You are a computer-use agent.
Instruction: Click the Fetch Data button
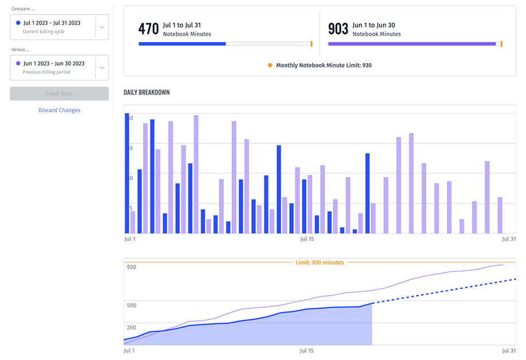point(59,94)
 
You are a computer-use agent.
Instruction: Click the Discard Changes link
point(59,110)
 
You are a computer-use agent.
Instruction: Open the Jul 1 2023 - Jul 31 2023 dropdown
point(102,27)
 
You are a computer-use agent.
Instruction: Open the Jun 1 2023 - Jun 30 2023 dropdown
point(102,67)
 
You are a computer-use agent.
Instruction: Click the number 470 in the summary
point(148,29)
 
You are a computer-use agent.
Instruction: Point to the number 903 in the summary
point(338,29)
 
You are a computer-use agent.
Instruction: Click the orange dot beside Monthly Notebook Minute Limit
point(270,66)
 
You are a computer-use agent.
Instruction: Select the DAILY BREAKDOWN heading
point(147,93)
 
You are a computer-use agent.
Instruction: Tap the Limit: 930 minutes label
point(320,263)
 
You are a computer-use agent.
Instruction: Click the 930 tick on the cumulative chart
point(132,267)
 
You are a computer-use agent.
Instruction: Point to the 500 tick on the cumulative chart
point(132,305)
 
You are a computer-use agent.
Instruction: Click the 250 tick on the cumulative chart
point(132,327)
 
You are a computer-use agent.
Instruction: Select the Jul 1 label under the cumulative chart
point(130,350)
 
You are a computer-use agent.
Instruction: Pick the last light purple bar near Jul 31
point(500,215)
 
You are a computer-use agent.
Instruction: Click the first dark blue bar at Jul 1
point(127,173)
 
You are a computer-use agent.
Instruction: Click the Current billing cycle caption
point(44,32)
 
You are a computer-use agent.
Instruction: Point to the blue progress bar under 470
point(182,44)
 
